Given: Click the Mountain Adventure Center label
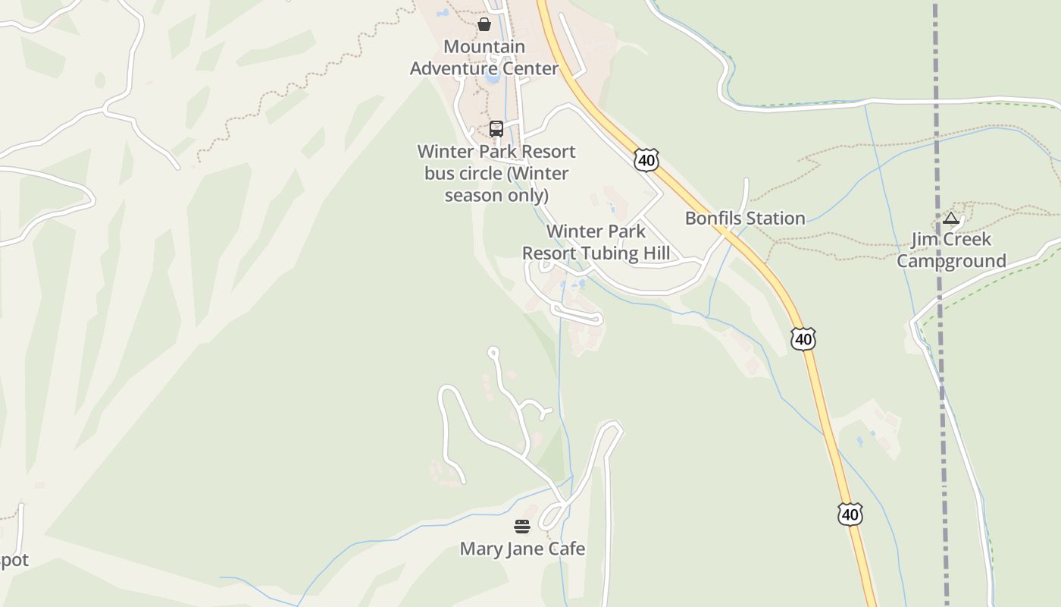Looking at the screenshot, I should point(484,58).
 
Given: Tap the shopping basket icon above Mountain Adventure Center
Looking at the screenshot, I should point(484,25).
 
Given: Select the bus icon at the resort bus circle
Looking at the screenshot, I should point(496,129).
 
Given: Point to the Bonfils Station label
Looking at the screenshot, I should point(745,219).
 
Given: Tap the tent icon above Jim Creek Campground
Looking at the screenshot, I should point(951,219).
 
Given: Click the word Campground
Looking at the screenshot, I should point(951,262).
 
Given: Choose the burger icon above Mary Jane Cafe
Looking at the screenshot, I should point(522,527).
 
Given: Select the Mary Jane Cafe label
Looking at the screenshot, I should point(522,549).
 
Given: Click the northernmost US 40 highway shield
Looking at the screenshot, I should point(646,160).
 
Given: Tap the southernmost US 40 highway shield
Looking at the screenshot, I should point(850,514).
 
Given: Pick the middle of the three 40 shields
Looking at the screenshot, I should point(803,338).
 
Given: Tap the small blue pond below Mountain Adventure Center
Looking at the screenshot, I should point(493,77).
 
